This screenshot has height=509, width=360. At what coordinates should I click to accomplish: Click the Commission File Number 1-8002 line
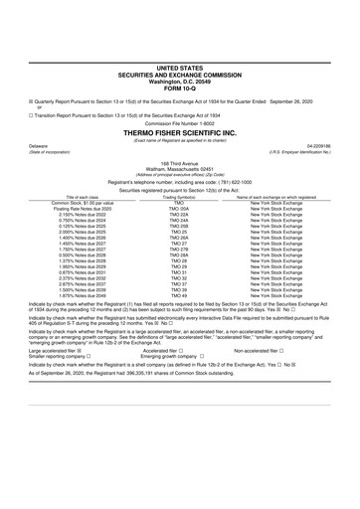pyautogui.click(x=179, y=123)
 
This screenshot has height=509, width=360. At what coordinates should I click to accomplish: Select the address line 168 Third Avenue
pyautogui.click(x=179, y=161)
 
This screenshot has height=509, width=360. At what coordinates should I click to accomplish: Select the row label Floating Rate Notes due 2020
pyautogui.click(x=62, y=210)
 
